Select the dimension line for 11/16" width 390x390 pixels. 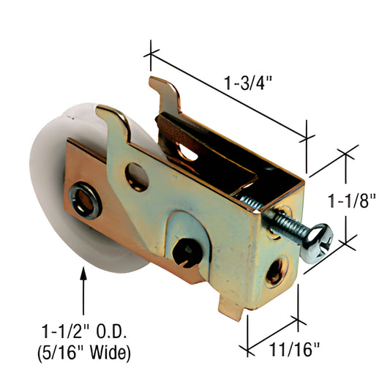point(273,333)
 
